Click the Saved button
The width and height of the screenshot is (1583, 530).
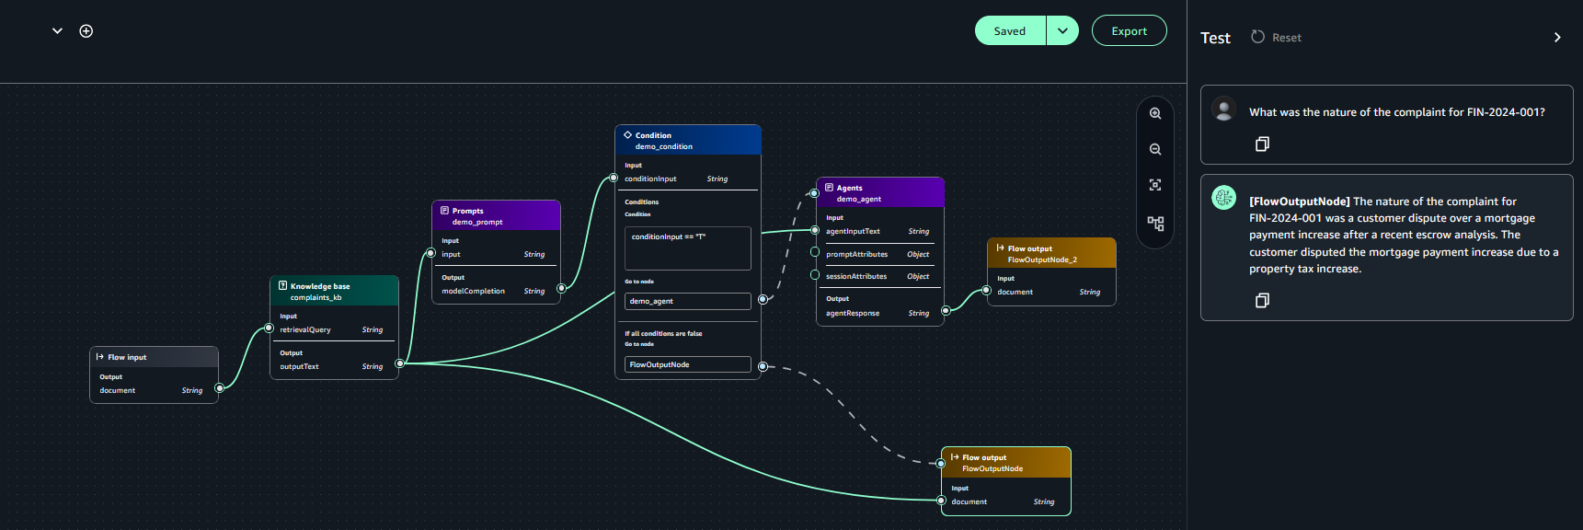1009,31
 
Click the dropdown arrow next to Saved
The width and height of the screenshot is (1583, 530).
1062,31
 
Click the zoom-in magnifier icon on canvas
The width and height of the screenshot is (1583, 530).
1155,114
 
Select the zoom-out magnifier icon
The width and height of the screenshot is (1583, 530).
1155,149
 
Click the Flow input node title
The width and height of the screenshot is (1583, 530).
127,357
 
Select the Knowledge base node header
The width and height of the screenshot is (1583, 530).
320,286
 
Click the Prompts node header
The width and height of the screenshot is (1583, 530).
467,211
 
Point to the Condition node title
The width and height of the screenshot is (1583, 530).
653,135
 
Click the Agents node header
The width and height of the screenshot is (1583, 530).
849,188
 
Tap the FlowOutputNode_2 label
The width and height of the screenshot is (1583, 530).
1042,259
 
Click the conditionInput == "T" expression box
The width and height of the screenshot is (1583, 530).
687,248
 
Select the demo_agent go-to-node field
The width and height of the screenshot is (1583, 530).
687,301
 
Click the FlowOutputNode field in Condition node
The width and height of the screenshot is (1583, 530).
687,364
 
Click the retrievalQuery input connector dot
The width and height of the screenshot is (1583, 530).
270,328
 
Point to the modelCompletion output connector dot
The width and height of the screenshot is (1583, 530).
561,289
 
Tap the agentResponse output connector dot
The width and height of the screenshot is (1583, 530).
945,311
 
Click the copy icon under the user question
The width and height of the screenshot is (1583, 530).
1262,144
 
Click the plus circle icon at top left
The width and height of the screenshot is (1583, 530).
86,31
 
